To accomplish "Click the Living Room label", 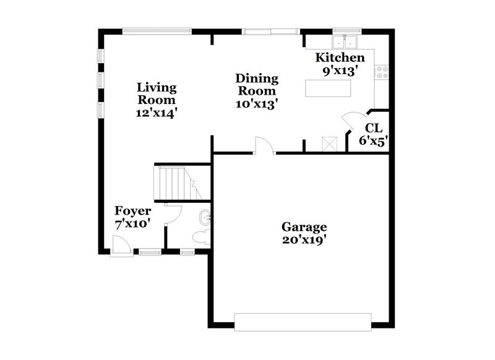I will pos(157,93).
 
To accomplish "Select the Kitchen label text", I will pos(340,58).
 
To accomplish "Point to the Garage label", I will pos(304,227).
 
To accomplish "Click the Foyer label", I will pos(133,212).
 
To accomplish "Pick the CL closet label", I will pos(373,128).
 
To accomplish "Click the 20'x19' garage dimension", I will pos(304,240).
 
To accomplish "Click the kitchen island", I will pos(327,88).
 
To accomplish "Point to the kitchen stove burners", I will pos(382,72).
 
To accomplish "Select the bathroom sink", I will pos(205,216).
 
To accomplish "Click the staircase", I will pos(177,184).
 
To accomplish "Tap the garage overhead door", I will pos(302,321).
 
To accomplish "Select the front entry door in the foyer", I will pos(121,246).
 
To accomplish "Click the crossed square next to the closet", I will pos(329,144).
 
